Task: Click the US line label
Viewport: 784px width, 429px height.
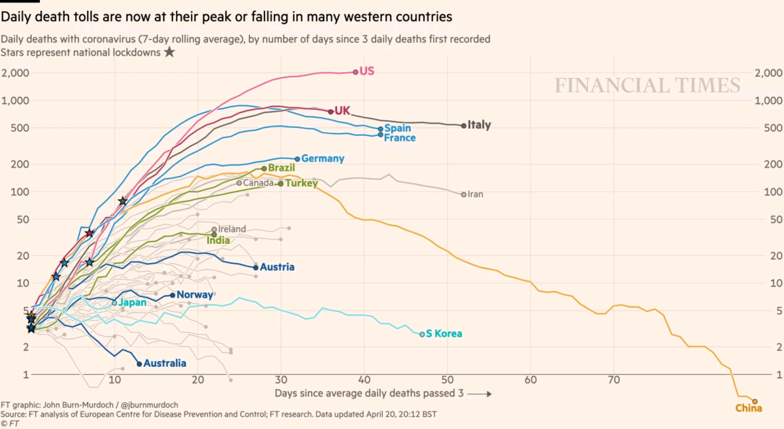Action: (367, 71)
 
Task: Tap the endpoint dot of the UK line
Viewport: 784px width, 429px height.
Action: (331, 112)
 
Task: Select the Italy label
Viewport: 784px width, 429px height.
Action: (479, 125)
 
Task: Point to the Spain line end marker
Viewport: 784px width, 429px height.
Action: (380, 129)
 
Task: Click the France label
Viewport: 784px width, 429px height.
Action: (400, 138)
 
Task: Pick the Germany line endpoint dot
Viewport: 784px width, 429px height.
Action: (297, 159)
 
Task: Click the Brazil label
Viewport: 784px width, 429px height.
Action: (282, 168)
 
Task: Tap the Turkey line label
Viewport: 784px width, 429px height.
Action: (301, 184)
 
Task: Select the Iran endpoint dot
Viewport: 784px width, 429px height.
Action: (464, 194)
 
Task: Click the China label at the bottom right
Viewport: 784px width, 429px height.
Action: (749, 409)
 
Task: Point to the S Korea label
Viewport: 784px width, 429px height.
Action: (444, 334)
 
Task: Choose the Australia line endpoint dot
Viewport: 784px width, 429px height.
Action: (139, 364)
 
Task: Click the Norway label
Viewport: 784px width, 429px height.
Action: (195, 295)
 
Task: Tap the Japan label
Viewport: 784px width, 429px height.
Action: (133, 303)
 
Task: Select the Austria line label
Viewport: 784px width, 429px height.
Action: (277, 267)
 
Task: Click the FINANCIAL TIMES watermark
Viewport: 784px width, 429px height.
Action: (647, 86)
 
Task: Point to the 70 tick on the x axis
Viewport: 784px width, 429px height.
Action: (613, 380)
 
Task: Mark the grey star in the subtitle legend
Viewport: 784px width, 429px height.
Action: (169, 52)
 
